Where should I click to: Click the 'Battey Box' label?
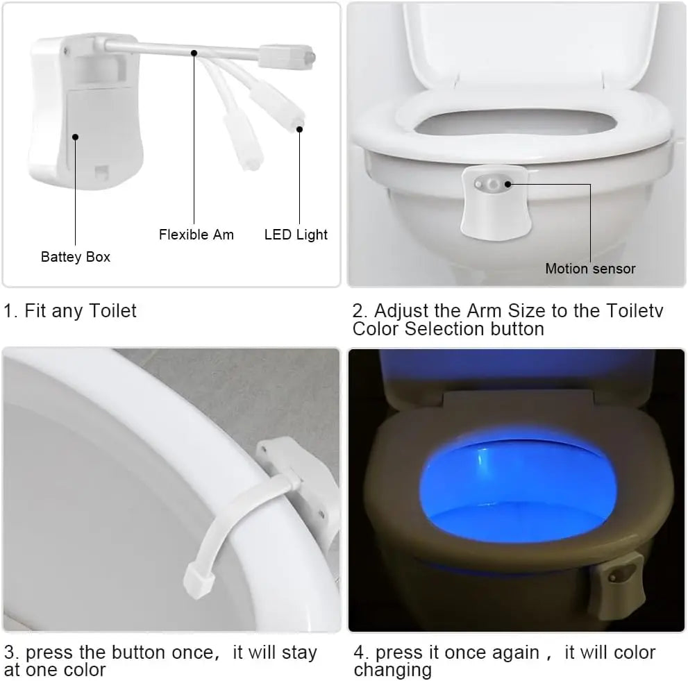(75, 257)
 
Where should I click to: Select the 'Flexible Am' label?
(196, 235)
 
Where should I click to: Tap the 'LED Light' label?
(296, 235)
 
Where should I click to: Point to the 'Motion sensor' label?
(590, 269)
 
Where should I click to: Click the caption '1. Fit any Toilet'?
(70, 310)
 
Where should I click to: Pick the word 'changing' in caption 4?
(392, 670)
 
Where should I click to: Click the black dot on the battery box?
(75, 137)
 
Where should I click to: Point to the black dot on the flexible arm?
(194, 53)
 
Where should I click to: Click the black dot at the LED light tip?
(300, 128)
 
